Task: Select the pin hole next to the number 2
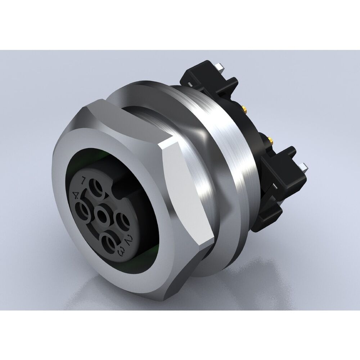(x=121, y=220)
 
